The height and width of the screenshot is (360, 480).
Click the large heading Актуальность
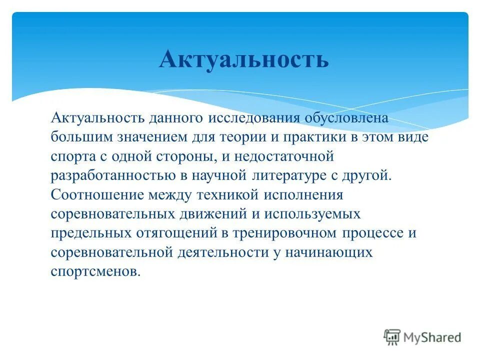coord(244,59)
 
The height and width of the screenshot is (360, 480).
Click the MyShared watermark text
coord(432,337)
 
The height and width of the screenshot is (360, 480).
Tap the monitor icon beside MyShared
coord(393,337)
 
